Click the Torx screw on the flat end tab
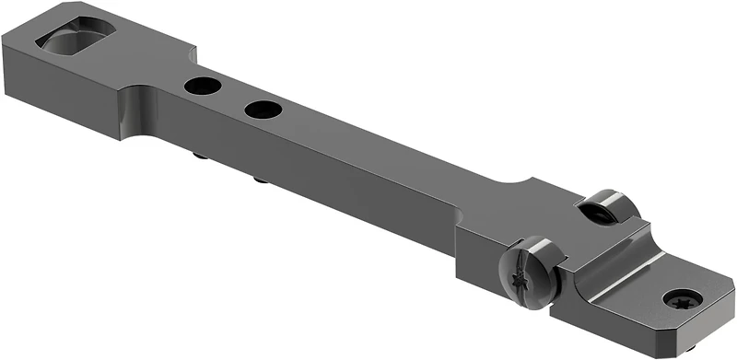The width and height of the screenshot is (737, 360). [683, 298]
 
